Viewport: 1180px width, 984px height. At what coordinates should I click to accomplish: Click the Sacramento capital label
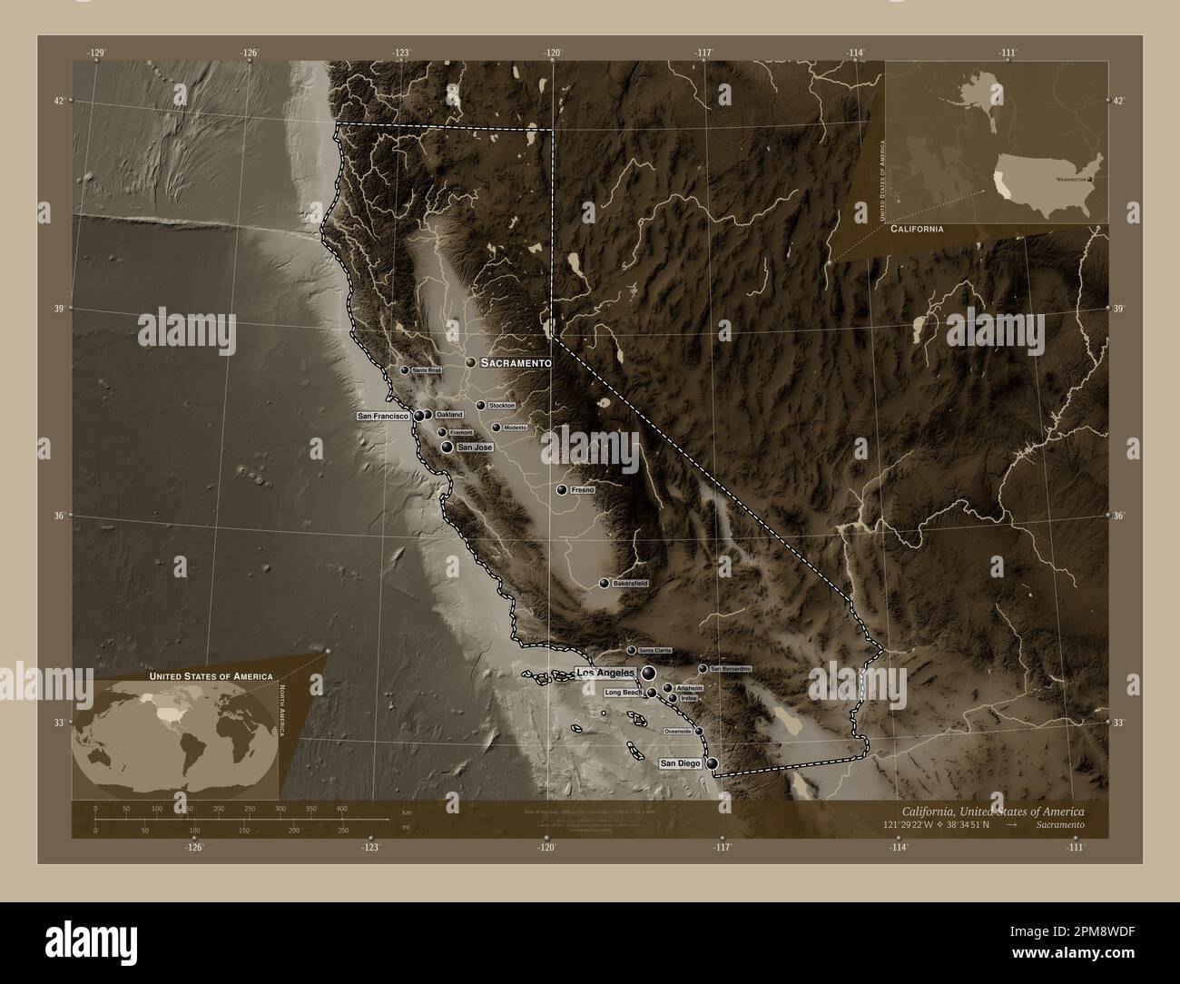[x=516, y=363]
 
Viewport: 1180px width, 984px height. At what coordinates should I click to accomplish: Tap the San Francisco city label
[x=385, y=416]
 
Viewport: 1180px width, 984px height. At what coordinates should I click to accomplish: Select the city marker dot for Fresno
[x=562, y=490]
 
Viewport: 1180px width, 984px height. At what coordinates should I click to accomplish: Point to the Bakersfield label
[x=630, y=584]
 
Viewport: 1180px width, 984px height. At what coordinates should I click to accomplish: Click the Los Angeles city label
[x=605, y=673]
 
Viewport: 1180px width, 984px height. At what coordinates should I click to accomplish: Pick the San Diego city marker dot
[x=713, y=764]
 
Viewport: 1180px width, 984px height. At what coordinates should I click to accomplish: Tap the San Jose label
[x=475, y=448]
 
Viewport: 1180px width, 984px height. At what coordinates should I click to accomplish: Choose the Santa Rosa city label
[x=426, y=371]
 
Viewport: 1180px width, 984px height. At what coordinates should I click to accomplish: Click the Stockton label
[x=501, y=406]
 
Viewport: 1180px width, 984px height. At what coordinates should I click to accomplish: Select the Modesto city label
[x=516, y=428]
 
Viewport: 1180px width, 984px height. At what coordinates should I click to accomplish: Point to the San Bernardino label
[x=731, y=669]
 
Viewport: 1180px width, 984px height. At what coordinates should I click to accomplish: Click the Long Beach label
[x=624, y=693]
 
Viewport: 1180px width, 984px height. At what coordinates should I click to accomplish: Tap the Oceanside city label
[x=678, y=731]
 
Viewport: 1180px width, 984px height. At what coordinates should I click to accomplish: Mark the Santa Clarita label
[x=654, y=651]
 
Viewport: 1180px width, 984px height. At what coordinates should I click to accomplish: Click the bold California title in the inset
[x=916, y=231]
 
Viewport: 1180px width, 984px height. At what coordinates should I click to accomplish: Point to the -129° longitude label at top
[x=98, y=53]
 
